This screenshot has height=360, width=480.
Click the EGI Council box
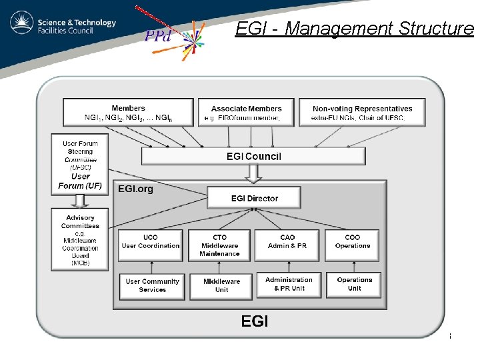click(254, 157)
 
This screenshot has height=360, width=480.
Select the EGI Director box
click(254, 198)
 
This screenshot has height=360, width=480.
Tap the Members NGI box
click(128, 113)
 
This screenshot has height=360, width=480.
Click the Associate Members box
click(246, 113)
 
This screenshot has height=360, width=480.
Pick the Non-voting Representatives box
click(362, 113)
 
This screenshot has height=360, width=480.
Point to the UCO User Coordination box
click(151, 245)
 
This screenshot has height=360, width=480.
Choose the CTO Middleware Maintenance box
click(219, 245)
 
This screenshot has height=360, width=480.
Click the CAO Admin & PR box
click(287, 245)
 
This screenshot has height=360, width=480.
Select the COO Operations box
click(353, 245)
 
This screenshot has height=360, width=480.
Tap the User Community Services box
click(152, 285)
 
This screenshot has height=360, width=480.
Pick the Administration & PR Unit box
click(289, 285)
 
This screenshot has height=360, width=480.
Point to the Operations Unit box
click(354, 285)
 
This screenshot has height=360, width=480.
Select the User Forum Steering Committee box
click(80, 164)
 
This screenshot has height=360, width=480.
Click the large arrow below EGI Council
click(254, 175)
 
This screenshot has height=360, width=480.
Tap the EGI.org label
click(135, 189)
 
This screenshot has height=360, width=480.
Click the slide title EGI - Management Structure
click(354, 29)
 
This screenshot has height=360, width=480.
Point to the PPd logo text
click(159, 35)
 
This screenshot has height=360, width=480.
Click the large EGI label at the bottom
click(254, 321)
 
